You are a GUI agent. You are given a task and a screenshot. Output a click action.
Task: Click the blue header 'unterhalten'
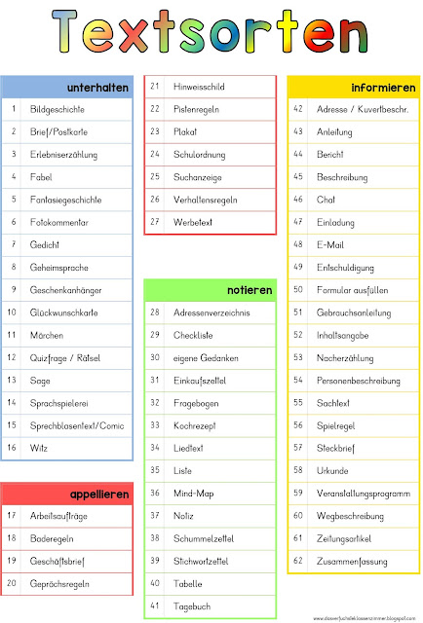(x=98, y=88)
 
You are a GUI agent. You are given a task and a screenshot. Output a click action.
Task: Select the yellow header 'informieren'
(x=383, y=88)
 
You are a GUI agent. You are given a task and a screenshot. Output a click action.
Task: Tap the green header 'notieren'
(x=250, y=290)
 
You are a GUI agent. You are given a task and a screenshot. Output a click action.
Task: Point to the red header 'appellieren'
(x=99, y=495)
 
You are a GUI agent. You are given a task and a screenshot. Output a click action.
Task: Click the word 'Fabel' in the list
(x=41, y=177)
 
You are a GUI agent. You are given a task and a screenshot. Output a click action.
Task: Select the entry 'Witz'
(x=39, y=448)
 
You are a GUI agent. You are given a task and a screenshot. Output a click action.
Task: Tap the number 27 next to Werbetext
(x=155, y=222)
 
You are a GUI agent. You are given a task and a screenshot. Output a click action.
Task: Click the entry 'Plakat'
(x=185, y=131)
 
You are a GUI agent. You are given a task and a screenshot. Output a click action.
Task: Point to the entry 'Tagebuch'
(x=192, y=605)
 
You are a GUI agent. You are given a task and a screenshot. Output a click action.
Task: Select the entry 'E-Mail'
(x=330, y=244)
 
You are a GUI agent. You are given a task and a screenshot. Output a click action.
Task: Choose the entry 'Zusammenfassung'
(x=353, y=561)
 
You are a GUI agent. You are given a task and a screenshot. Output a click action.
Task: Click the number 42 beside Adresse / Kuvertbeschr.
(x=298, y=109)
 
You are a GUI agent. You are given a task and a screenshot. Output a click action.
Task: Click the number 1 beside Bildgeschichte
(x=14, y=109)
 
